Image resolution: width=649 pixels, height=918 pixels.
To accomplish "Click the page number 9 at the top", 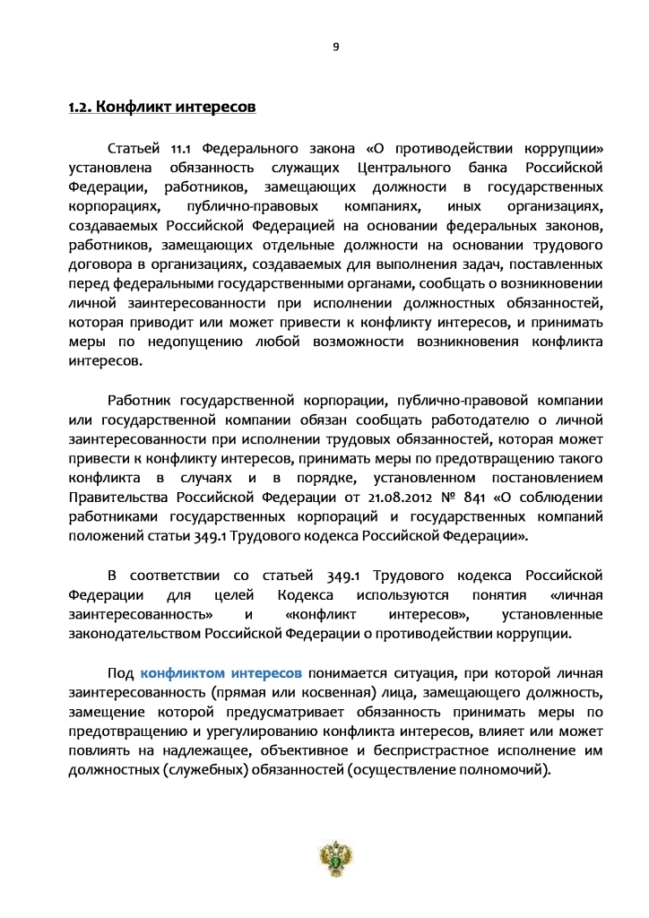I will pos(335,47).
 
